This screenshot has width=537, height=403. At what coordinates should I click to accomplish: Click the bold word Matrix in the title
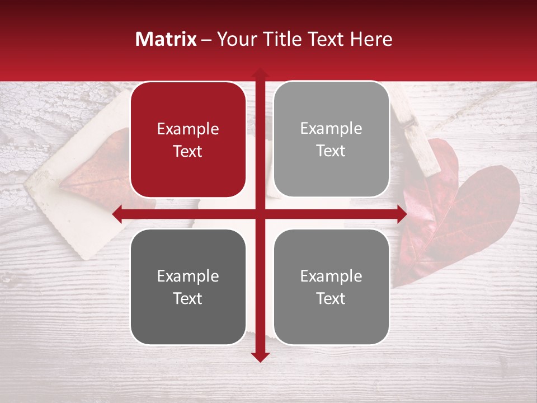[166, 39]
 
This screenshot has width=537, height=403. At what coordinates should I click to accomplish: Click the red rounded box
[188, 140]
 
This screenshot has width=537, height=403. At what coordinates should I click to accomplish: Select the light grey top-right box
[331, 139]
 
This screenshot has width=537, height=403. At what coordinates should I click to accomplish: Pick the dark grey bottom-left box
[188, 287]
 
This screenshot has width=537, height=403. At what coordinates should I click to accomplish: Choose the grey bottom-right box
[331, 287]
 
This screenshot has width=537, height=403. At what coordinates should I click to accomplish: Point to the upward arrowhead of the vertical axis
[260, 73]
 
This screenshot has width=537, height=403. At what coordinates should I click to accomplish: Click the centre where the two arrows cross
[260, 214]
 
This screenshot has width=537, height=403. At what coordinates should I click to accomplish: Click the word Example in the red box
[188, 129]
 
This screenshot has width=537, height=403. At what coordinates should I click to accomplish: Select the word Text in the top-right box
[331, 151]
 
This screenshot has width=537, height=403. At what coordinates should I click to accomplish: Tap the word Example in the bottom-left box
[188, 277]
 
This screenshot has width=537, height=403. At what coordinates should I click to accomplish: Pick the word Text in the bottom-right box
[331, 299]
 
